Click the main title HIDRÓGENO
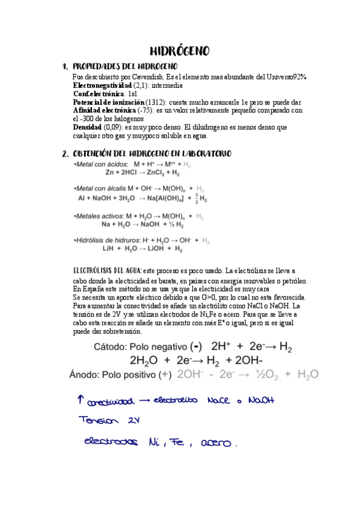coord(179,51)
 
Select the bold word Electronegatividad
coord(102,85)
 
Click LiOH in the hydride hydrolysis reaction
coord(148,248)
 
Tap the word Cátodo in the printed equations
coord(112,347)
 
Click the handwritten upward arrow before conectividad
coord(81,399)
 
